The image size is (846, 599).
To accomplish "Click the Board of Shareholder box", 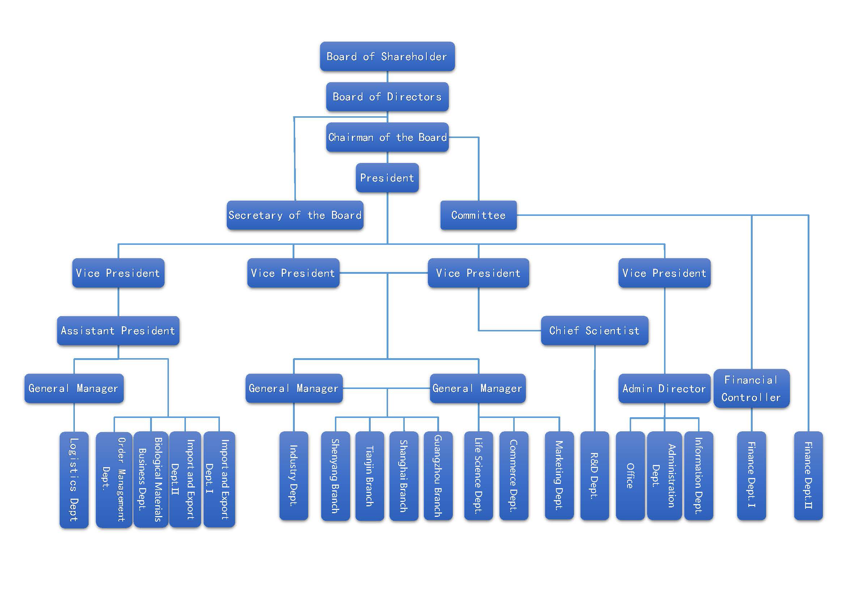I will (x=387, y=56).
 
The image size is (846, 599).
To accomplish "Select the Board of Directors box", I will (x=387, y=97).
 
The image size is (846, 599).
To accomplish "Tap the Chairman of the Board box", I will (x=387, y=137).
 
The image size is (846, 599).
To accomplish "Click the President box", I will (x=387, y=178).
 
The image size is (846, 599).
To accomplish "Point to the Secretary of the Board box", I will (x=295, y=215).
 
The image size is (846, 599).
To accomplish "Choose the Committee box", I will (x=478, y=215).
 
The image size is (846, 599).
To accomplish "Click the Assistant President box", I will (x=118, y=331).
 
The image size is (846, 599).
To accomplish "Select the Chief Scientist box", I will (x=594, y=331).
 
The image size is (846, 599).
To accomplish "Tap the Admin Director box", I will (x=664, y=388).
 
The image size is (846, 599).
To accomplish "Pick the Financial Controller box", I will (x=751, y=388).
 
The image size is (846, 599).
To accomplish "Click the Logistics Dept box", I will (x=74, y=479).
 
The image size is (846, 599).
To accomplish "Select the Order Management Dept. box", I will (x=114, y=479).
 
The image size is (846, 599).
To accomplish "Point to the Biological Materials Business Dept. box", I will (x=151, y=479).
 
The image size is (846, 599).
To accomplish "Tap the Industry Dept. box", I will (x=294, y=476).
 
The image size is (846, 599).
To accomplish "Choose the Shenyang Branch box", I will (x=335, y=476).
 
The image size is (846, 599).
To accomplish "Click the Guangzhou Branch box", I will (x=438, y=476).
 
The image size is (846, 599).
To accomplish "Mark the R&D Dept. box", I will (x=594, y=476).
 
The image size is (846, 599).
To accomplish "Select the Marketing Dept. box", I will (x=559, y=476).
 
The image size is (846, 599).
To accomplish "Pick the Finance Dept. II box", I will (x=808, y=476).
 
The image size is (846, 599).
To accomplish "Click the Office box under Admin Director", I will (x=630, y=476).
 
